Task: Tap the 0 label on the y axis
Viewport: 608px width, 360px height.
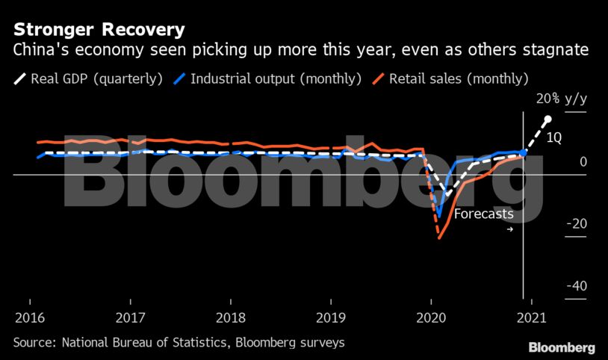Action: coord(583,162)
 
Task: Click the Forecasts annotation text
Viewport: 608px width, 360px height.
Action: coord(484,214)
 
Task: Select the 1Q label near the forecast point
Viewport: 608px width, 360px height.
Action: coord(554,137)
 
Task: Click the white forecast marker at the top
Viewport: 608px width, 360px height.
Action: coord(547,120)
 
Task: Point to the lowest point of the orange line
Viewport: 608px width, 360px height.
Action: coord(440,238)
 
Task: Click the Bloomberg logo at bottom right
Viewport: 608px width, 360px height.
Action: coord(562,348)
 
